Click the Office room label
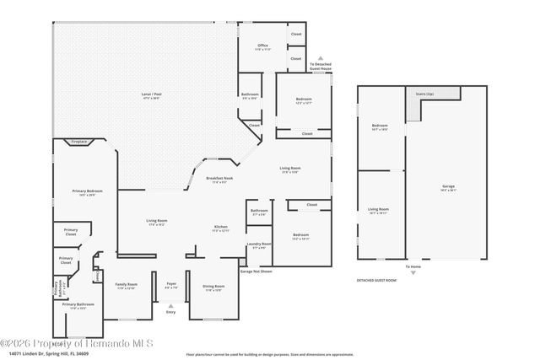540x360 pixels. tap(262, 46)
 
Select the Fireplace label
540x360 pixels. tap(79, 141)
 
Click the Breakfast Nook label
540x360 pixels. tap(219, 179)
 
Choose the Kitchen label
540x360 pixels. tap(220, 228)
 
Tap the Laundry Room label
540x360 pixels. tap(259, 244)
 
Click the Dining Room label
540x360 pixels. tap(213, 287)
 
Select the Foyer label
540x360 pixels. tap(171, 284)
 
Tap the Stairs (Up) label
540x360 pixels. tap(424, 94)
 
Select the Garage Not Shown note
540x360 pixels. tap(256, 271)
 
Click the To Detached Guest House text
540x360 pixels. tap(321, 66)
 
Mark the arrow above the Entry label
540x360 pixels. tap(171, 304)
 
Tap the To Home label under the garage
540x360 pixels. tap(413, 266)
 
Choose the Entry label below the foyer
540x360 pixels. tap(171, 312)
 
